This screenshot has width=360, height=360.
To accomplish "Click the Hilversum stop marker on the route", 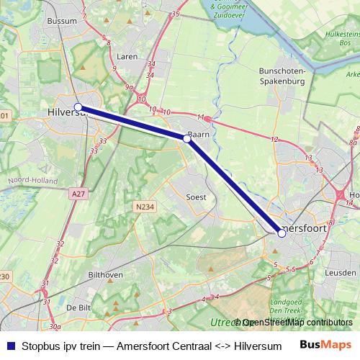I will tap(78, 107).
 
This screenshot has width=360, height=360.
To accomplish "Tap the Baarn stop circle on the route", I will tap(187, 139).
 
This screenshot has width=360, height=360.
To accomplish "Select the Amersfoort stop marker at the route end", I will tap(282, 233).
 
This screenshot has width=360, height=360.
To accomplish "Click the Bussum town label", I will tap(61, 22).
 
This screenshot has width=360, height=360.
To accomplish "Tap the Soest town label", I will tap(196, 197).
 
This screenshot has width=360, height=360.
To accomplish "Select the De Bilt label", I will tap(78, 307).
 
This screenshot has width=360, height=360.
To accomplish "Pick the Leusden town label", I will tap(341, 274).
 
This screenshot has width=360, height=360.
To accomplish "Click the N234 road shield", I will tap(143, 207).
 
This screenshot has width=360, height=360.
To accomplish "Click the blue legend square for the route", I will tap(10, 346).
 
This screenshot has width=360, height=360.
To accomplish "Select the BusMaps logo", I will tap(326, 345).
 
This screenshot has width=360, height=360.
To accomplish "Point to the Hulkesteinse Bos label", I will tap(342, 38).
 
